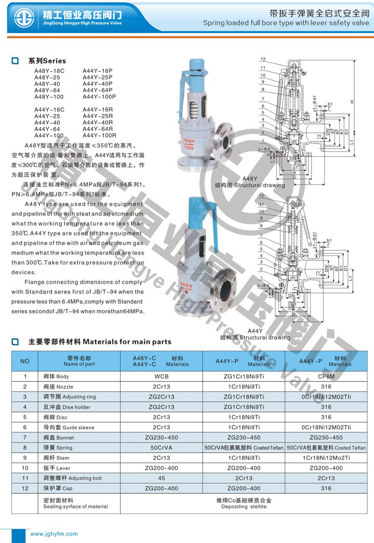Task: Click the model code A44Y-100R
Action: [99, 136]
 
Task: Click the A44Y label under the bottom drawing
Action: [255, 331]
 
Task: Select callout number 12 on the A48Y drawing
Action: [263, 59]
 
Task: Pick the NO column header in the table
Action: [25, 361]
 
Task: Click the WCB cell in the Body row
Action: [162, 376]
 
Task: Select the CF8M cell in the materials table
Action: [326, 376]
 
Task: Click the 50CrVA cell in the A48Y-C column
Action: [162, 447]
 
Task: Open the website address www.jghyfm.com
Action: [54, 534]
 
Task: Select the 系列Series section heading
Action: [47, 61]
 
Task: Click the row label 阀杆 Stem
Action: [56, 458]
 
